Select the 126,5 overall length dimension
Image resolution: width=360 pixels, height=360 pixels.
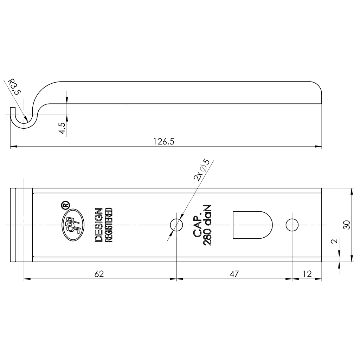164,141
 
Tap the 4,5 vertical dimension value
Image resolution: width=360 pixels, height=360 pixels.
62,128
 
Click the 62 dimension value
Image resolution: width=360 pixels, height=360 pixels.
99,274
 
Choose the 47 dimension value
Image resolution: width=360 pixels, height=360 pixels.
234,274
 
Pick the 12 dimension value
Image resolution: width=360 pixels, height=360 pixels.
307,274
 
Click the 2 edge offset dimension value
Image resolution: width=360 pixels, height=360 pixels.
335,241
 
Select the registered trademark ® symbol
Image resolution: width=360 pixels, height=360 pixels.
65,205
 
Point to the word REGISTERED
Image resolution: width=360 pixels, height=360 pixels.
109,225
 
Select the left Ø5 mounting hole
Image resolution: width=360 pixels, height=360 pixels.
176,225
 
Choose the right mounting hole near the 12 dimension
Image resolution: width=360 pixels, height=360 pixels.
292,225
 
